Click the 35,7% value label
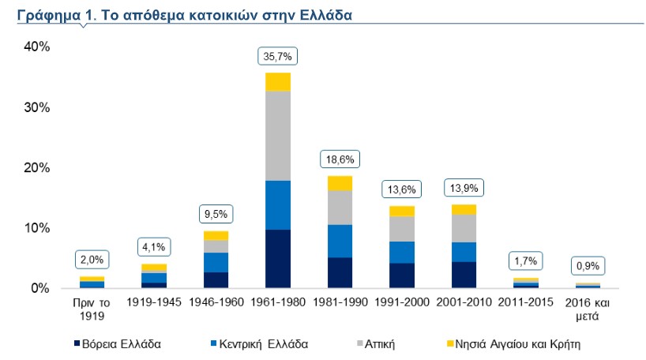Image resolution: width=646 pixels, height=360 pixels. coord(278,57)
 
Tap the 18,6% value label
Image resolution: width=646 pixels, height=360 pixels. coord(339,159)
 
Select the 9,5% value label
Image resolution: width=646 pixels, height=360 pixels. coord(215,215)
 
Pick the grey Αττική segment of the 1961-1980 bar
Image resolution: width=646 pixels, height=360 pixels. coord(278,136)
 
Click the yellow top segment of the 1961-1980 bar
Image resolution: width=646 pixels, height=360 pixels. coord(278,82)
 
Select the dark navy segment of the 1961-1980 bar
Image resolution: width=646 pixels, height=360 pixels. coord(278,258)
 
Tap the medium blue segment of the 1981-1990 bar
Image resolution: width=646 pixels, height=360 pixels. coord(339,241)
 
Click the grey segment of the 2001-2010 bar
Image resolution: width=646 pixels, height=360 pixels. coord(464,228)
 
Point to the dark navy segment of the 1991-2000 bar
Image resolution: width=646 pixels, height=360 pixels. coord(403,275)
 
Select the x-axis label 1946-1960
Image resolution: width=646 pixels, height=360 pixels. coord(215,302)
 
